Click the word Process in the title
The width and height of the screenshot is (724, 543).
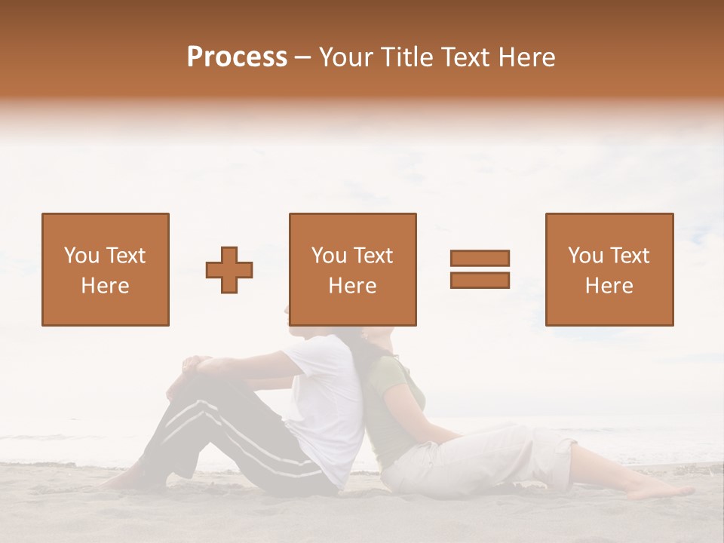(x=237, y=57)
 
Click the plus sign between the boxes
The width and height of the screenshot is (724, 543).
(x=229, y=269)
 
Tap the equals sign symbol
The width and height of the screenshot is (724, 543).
(x=480, y=269)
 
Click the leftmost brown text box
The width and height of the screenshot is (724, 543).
(x=106, y=269)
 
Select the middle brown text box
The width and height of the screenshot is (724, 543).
(x=353, y=269)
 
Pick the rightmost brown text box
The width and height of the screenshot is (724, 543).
(x=609, y=269)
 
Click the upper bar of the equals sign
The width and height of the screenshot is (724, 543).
(x=480, y=259)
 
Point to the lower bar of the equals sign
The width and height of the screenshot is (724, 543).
(x=480, y=280)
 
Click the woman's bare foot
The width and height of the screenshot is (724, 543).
(x=664, y=491)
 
